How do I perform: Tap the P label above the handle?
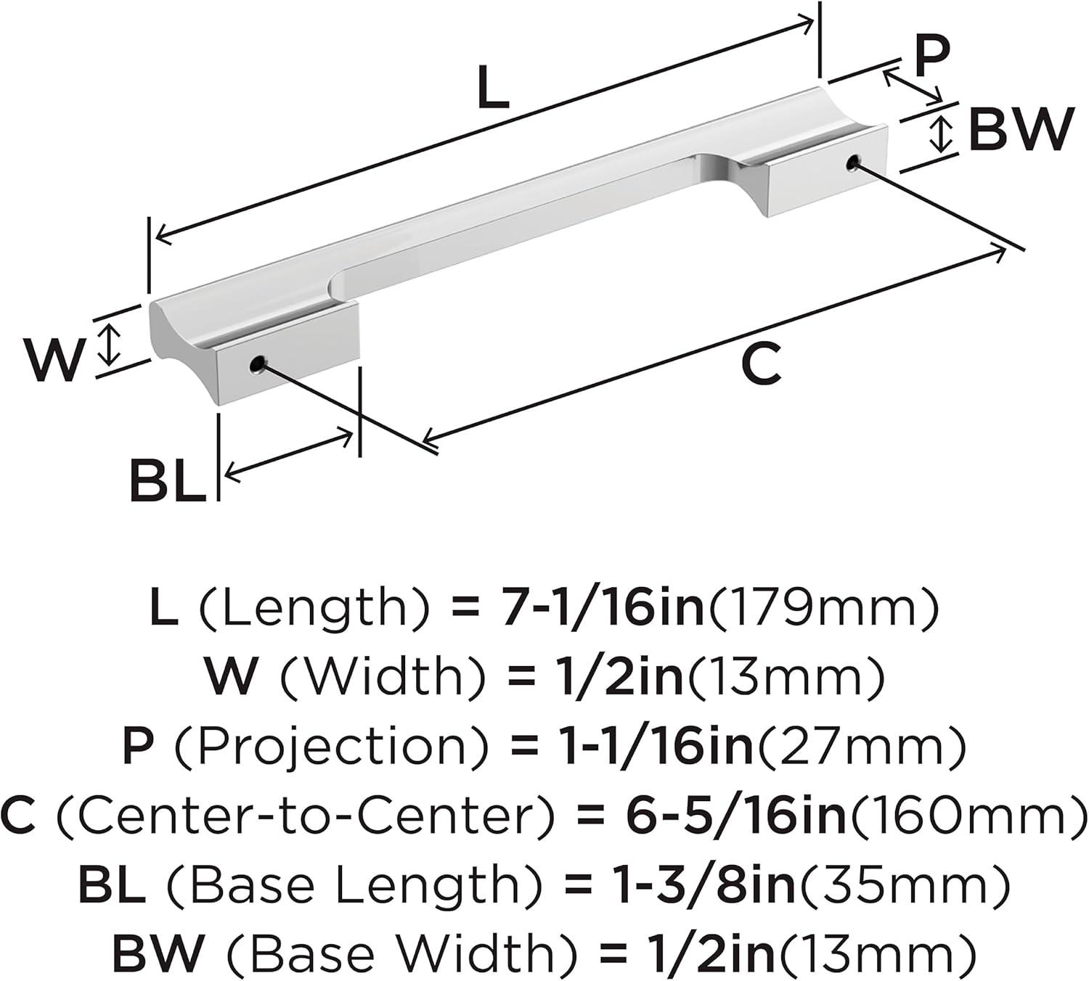pos(931,57)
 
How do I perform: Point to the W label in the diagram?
pos(53,358)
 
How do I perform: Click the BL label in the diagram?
pos(168,480)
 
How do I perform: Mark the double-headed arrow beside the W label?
pos(109,344)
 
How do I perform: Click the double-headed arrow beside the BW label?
pos(941,133)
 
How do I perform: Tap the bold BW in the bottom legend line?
pos(158,953)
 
